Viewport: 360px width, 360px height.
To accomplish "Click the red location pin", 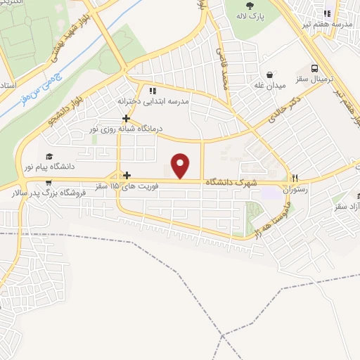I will (x=181, y=165).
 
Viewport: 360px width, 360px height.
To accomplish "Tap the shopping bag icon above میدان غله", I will (x=269, y=75).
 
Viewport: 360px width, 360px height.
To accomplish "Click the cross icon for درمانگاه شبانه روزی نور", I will (x=125, y=118).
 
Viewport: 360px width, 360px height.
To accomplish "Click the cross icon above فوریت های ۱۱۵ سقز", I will (x=127, y=175).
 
